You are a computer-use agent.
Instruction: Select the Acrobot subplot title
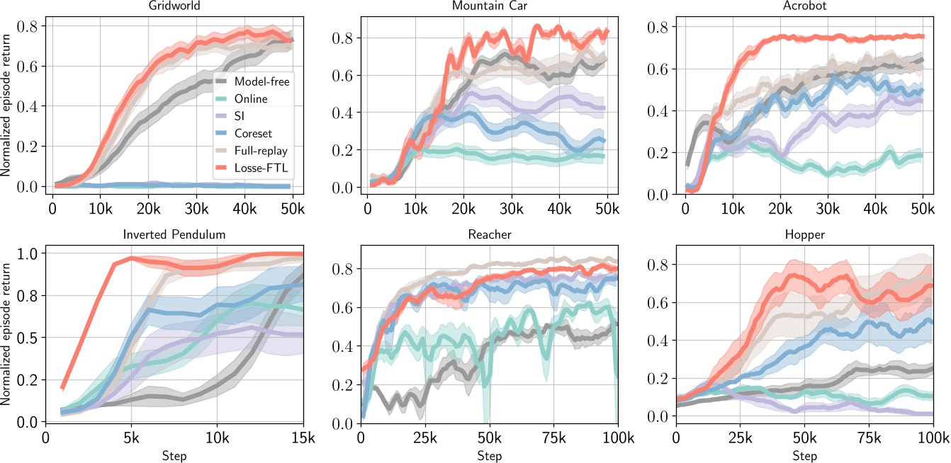(804, 6)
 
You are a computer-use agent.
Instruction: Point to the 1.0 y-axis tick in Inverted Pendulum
(30, 253)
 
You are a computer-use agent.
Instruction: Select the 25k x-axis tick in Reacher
(425, 438)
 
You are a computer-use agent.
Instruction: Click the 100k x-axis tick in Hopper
(931, 438)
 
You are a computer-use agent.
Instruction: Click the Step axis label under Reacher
(489, 455)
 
